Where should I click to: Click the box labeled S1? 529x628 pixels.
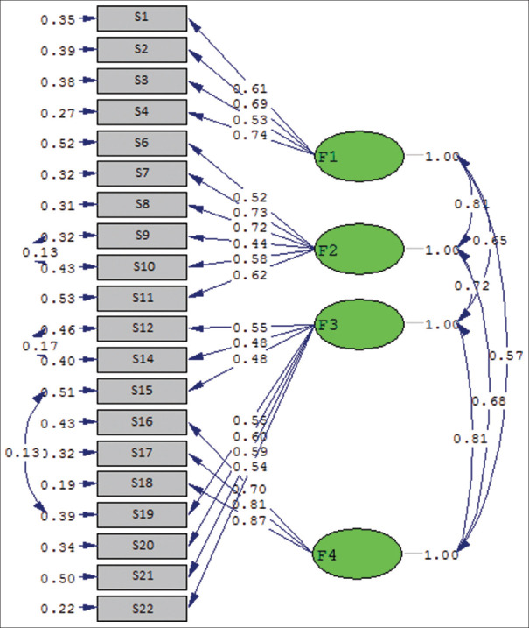point(142,18)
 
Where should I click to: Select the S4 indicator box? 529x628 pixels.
point(142,112)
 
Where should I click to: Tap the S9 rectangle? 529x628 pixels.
point(142,236)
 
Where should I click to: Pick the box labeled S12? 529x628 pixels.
point(142,329)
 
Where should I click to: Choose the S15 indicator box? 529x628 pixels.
point(142,392)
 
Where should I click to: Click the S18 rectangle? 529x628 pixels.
point(142,483)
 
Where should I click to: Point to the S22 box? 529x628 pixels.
point(142,608)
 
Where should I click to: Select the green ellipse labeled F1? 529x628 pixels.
point(358,159)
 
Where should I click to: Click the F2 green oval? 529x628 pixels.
point(358,250)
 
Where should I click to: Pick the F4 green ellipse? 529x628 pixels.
point(358,554)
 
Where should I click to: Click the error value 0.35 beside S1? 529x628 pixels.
point(58,18)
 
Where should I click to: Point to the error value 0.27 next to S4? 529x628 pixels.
point(58,112)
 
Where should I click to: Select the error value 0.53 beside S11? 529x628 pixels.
point(58,299)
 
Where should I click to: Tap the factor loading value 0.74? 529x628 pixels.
point(250,135)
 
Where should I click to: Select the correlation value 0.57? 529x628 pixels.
point(505,355)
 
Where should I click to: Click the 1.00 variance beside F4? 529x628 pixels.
point(442,554)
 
